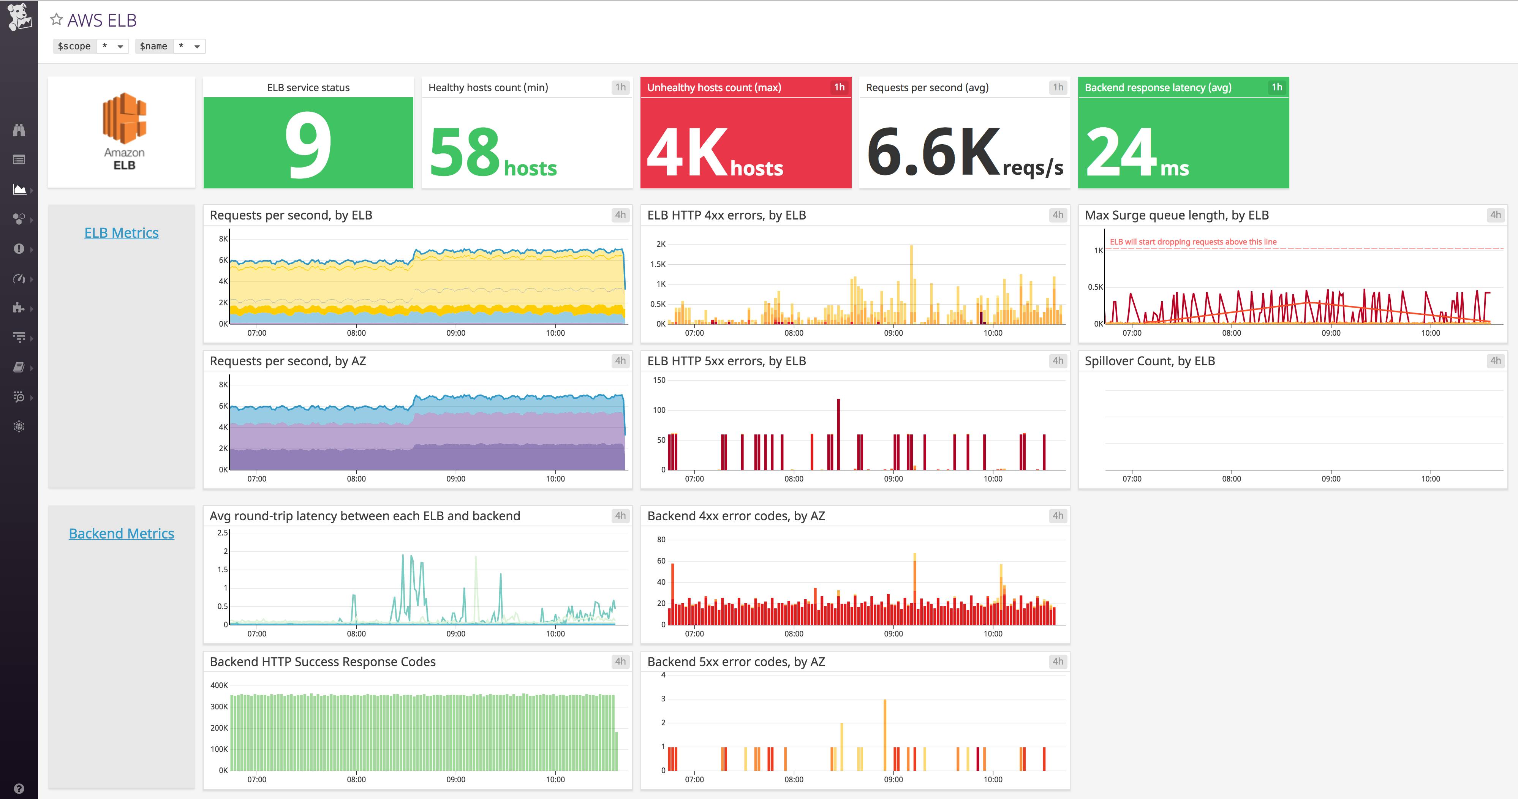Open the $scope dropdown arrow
[120, 47]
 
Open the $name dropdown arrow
[197, 47]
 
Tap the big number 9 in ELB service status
[308, 145]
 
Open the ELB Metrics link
[122, 233]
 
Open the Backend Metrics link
[122, 533]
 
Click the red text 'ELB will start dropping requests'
[1193, 242]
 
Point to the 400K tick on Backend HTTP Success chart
[219, 685]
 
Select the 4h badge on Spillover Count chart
[1495, 361]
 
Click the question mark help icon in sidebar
[19, 788]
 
